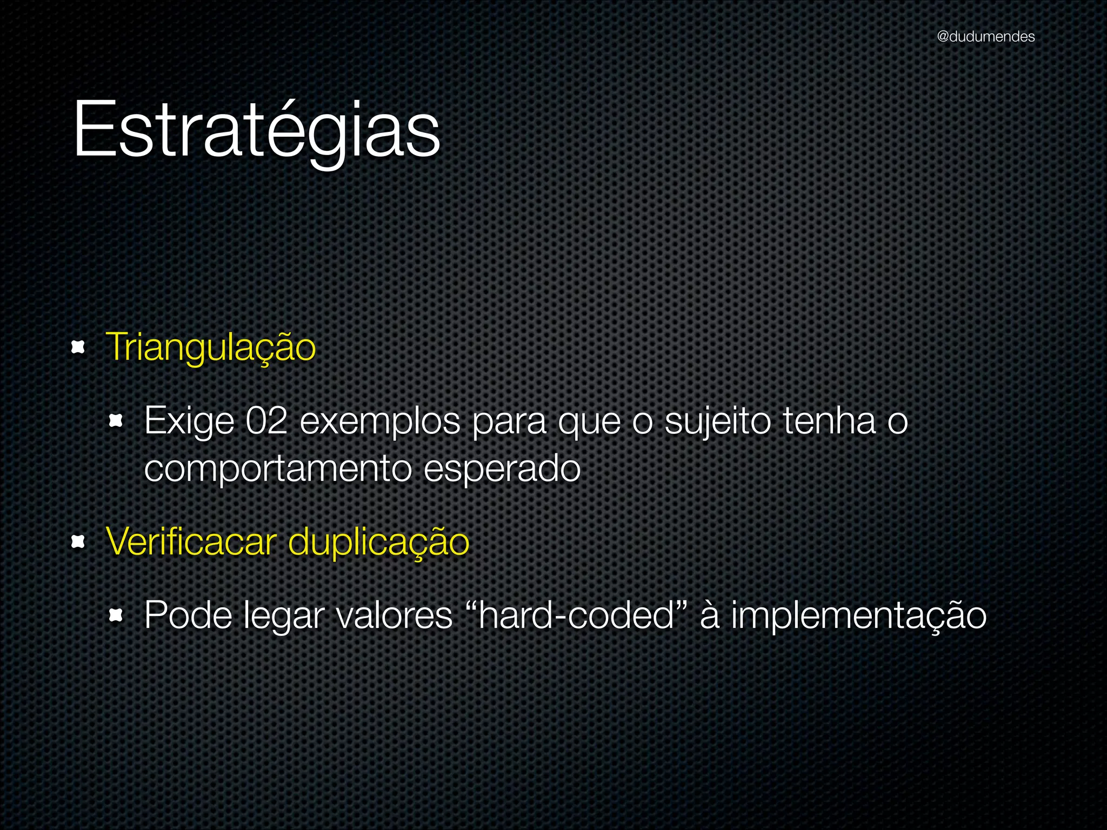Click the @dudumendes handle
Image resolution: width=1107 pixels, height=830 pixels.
tap(985, 37)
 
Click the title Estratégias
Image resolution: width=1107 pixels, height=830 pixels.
tap(257, 130)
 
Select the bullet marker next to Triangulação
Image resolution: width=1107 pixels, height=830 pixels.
tap(79, 348)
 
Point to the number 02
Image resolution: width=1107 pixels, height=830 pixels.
tap(266, 420)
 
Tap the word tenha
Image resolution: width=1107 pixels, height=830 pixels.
tap(829, 420)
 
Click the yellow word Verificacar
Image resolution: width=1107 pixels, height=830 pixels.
tap(191, 541)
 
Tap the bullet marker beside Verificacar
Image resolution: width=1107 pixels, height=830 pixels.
tap(79, 541)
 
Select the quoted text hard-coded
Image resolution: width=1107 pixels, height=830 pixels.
tap(576, 615)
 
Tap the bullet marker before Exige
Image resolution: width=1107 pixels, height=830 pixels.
tap(116, 421)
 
